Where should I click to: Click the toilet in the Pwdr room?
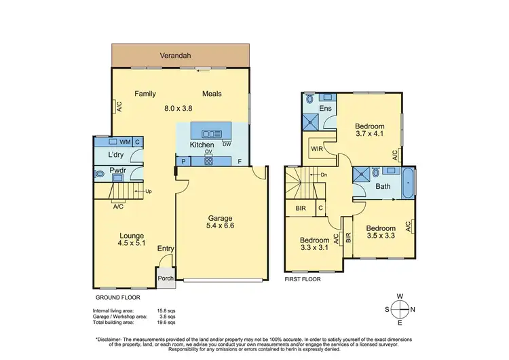[x=101, y=175]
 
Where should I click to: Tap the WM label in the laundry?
[x=124, y=142]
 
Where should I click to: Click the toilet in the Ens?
[x=310, y=99]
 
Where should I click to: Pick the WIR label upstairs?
[x=316, y=148]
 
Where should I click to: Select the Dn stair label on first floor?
[x=324, y=175]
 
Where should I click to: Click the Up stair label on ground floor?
[x=148, y=192]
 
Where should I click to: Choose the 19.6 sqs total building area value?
[x=168, y=322]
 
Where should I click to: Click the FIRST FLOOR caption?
[x=303, y=278]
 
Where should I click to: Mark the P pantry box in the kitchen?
[x=183, y=162]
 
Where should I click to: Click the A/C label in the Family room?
[x=118, y=107]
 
